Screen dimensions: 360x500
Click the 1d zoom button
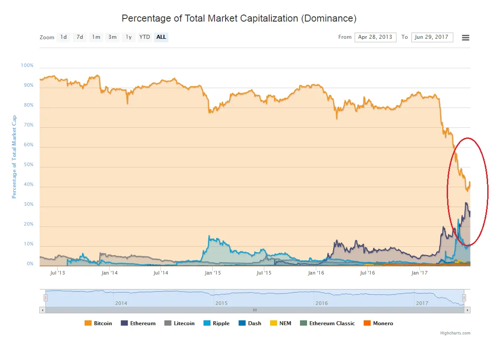coord(64,37)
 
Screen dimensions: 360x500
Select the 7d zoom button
coord(80,37)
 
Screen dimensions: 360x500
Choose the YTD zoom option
coord(144,37)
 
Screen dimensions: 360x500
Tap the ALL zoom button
coord(161,37)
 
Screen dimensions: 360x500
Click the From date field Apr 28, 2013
coord(375,37)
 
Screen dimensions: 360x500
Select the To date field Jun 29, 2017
coord(432,37)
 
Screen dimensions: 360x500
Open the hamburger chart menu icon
coord(465,37)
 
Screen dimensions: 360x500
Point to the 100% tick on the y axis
coord(27,66)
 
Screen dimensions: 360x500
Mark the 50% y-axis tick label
coord(28,165)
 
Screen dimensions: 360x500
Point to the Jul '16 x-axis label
coord(367,273)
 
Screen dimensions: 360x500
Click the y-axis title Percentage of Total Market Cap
coord(14,157)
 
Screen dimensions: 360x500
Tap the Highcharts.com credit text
coord(455,333)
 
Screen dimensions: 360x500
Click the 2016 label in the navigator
coord(322,303)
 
